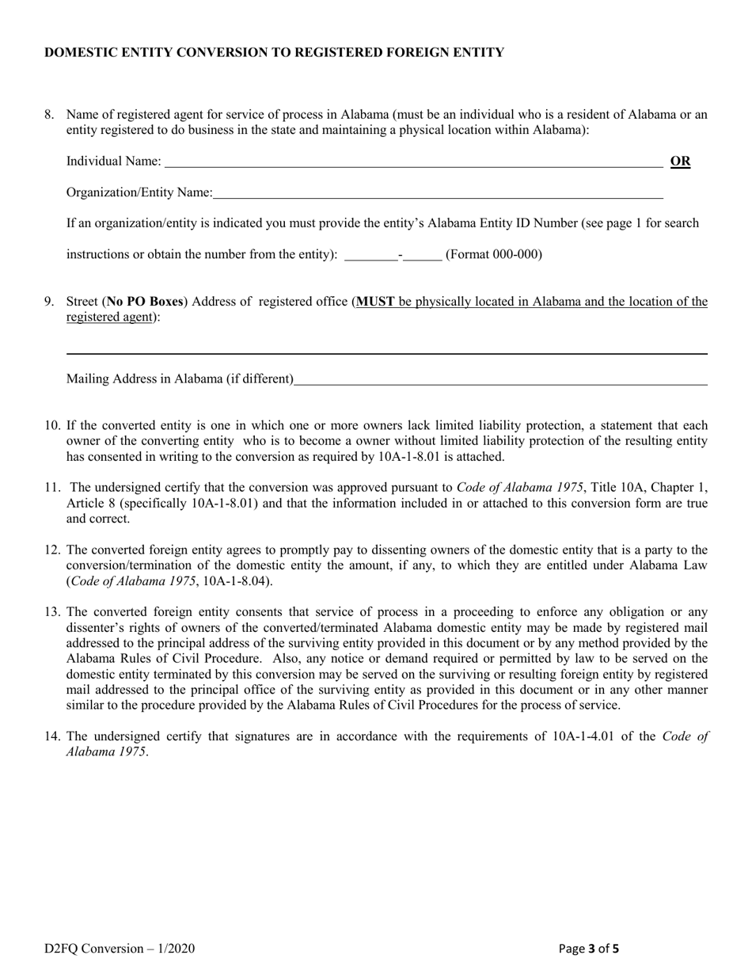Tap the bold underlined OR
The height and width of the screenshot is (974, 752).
coord(681,162)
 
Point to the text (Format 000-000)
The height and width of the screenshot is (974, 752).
coord(494,254)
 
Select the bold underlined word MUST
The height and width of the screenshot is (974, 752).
coord(376,301)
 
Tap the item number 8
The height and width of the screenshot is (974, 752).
coord(50,114)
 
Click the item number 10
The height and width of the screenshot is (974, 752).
coord(52,425)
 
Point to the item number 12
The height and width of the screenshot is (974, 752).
coord(52,550)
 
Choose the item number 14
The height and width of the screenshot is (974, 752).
coord(52,736)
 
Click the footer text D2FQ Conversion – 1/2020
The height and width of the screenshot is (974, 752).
coord(120,948)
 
